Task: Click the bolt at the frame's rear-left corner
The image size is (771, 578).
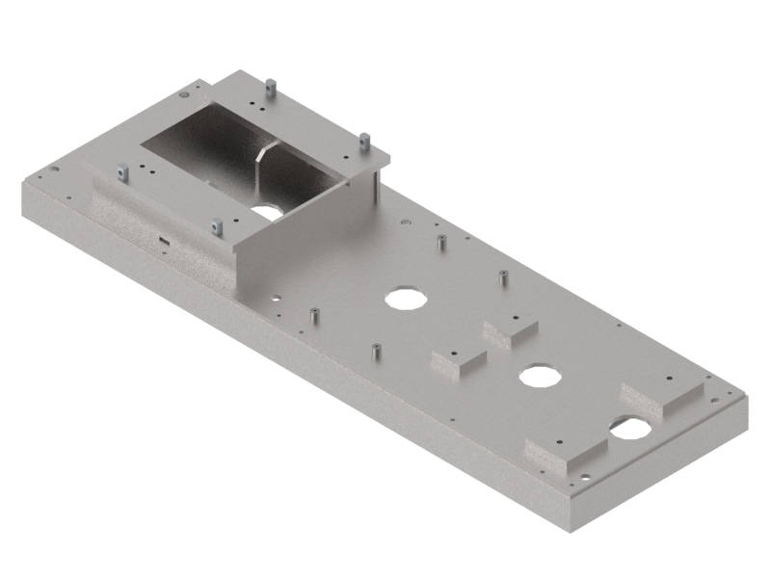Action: (x=272, y=87)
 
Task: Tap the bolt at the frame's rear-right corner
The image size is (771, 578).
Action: (x=364, y=142)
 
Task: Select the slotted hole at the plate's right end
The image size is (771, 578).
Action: (x=628, y=428)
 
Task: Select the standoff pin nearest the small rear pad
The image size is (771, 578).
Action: (x=503, y=279)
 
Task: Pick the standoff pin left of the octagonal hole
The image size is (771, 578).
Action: (x=314, y=315)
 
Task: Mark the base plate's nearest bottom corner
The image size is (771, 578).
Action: (x=569, y=528)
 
